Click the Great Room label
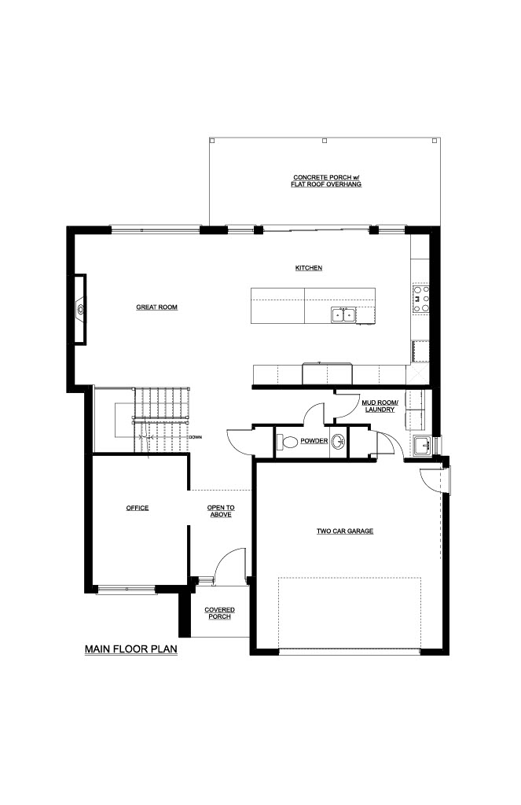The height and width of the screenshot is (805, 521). [x=156, y=307]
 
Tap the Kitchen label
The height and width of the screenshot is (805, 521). [x=309, y=268]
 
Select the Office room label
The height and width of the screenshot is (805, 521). [x=138, y=508]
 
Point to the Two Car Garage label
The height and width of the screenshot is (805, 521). [x=345, y=531]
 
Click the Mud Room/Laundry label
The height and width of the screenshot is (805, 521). [x=380, y=406]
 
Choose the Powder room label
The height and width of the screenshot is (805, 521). [x=314, y=441]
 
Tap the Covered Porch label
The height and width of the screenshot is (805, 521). [x=220, y=613]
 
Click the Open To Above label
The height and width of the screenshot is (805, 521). [x=221, y=511]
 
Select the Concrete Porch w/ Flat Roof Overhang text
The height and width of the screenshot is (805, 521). [x=326, y=181]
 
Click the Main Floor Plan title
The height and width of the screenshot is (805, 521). [x=131, y=649]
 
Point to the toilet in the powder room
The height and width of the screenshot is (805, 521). [x=287, y=442]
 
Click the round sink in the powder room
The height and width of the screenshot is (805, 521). [x=338, y=442]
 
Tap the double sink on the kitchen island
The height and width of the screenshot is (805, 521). [x=343, y=314]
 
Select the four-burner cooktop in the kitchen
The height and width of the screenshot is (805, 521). [x=421, y=300]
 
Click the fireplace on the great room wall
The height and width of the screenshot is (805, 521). [x=80, y=309]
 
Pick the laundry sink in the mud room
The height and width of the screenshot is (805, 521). [x=423, y=445]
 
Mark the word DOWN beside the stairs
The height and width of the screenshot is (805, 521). [x=196, y=437]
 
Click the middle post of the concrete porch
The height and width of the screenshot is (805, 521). [x=324, y=140]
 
